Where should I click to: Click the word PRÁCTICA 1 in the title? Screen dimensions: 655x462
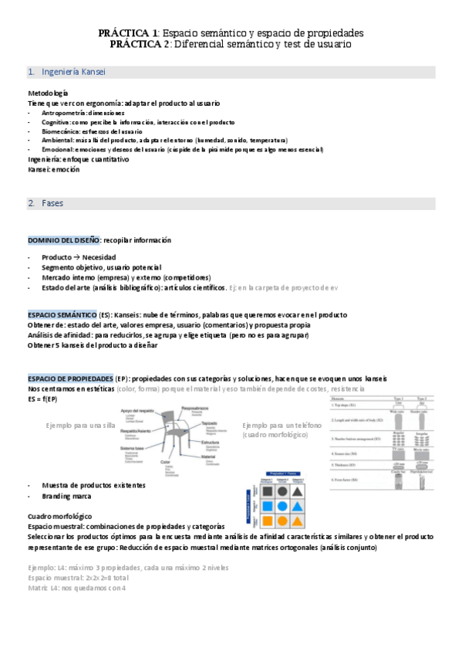(127, 33)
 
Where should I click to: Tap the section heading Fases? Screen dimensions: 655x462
(52, 203)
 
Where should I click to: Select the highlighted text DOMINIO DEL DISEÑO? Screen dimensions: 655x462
(64, 240)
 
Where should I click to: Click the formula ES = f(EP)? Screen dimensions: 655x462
(42, 399)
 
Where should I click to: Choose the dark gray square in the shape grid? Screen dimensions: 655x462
(265, 490)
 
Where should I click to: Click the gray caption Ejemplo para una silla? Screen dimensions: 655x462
(80, 426)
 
